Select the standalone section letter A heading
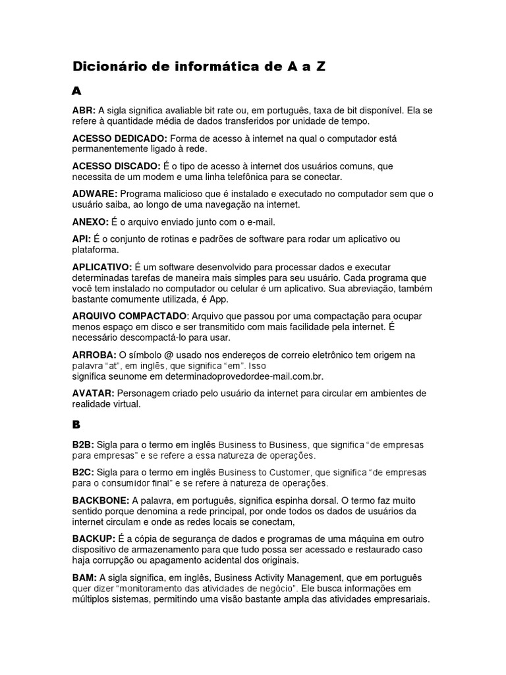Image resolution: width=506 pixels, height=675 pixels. click(76, 91)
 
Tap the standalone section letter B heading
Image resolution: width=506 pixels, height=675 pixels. click(76, 425)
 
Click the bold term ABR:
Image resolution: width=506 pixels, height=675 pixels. click(84, 111)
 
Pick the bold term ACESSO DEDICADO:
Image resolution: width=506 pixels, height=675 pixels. click(119, 138)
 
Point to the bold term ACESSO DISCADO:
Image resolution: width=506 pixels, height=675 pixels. click(116, 167)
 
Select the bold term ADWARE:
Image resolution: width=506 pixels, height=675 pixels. click(95, 194)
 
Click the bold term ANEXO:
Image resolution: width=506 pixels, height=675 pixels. click(90, 222)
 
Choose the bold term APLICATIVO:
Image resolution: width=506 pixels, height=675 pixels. click(102, 267)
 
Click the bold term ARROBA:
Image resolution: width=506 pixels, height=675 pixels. click(94, 355)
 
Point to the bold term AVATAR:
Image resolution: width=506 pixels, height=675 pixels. click(93, 394)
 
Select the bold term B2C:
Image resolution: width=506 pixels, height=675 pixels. click(83, 473)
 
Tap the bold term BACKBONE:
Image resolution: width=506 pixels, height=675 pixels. click(101, 500)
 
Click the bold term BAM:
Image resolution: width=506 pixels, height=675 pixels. click(84, 577)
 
